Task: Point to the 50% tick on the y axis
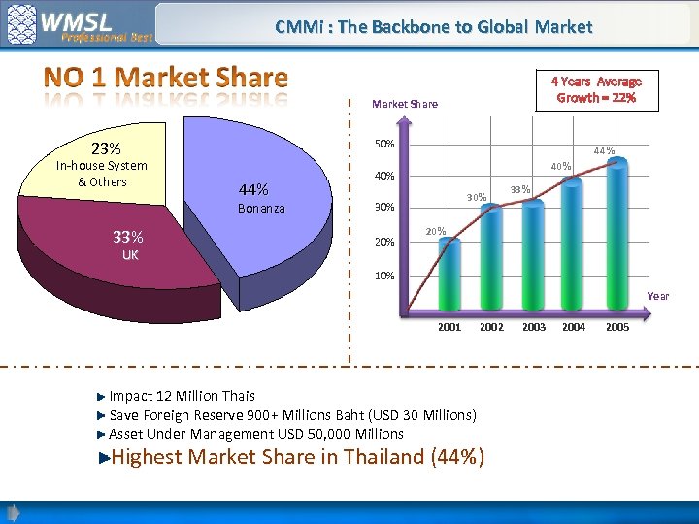pos(384,144)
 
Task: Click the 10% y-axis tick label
pos(384,276)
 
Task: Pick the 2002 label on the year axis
pos(491,328)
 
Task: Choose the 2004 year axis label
pos(574,328)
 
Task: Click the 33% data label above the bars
pos(520,189)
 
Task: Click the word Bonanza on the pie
pos(262,209)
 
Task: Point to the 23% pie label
pos(106,149)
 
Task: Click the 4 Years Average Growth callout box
pos(597,89)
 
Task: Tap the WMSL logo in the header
pos(78,23)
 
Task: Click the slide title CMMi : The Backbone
pos(433,27)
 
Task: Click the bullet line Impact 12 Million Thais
pos(182,396)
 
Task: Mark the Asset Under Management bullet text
pos(255,434)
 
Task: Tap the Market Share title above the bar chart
pos(405,104)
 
